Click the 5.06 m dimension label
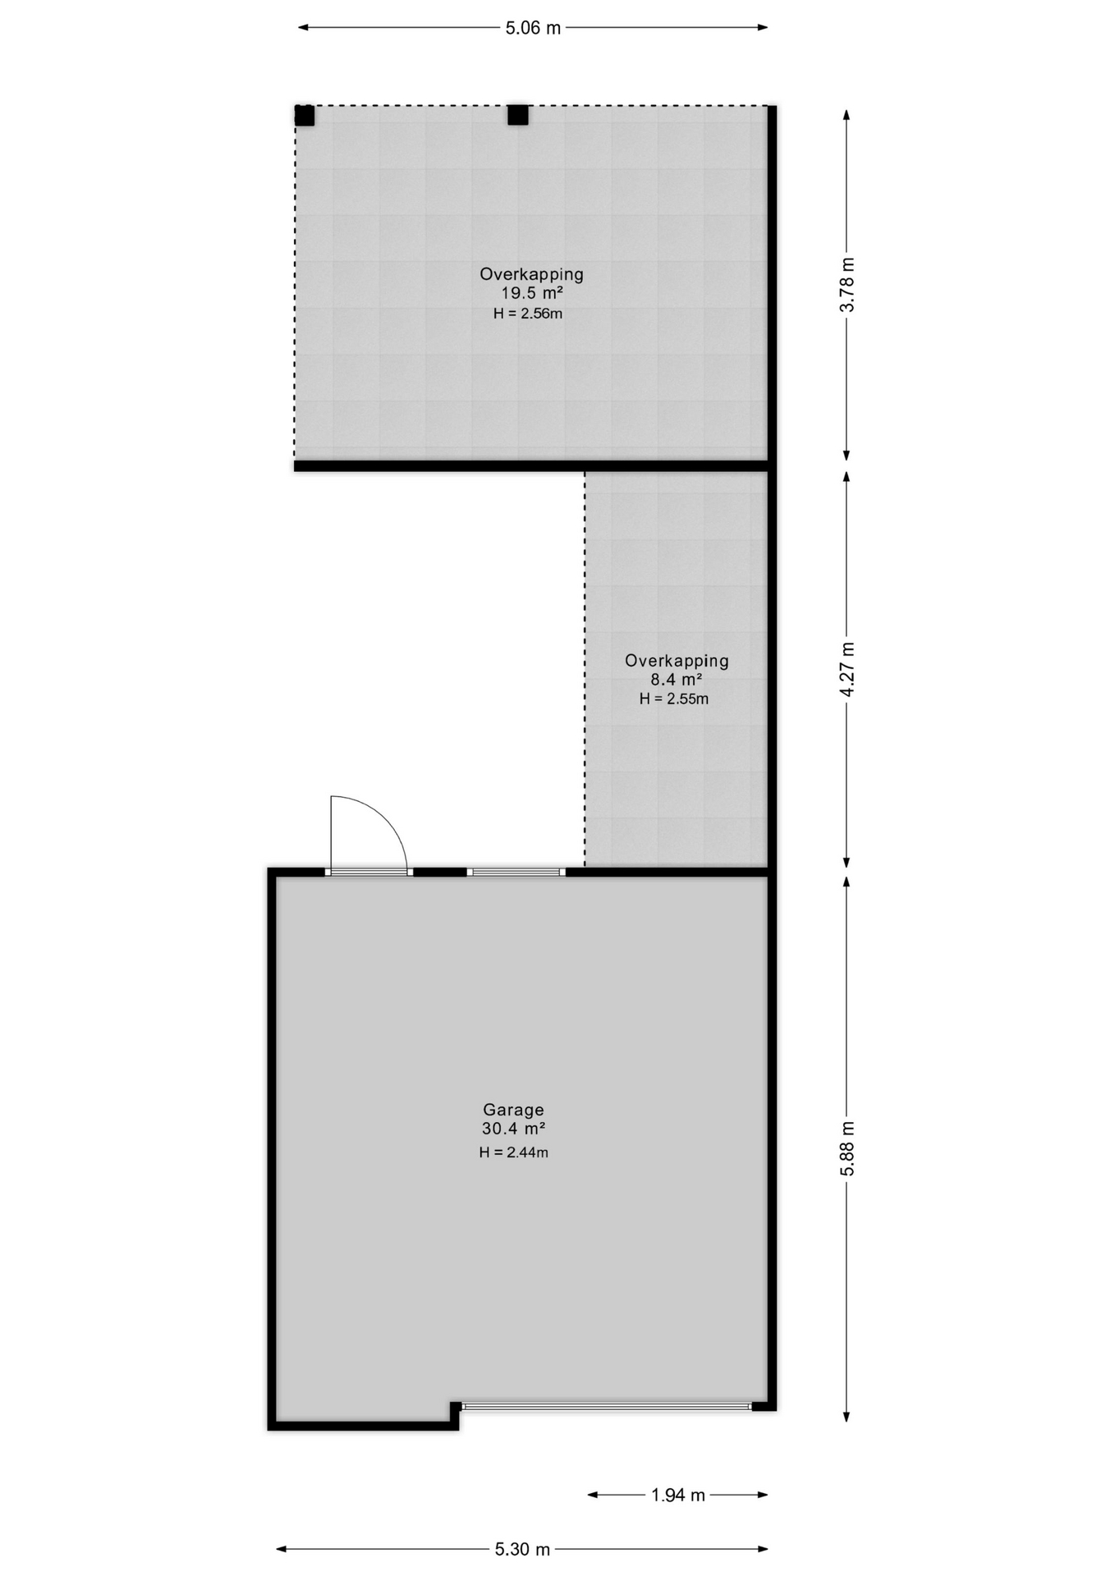coord(533,28)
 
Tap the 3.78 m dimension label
coord(847,284)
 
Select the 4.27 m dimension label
coord(847,670)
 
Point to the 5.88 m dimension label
coord(847,1148)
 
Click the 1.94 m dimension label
coord(678,1495)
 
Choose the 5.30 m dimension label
coord(522,1549)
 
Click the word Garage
coord(513,1111)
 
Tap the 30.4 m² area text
coord(513,1129)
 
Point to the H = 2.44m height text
coord(513,1152)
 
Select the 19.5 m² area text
coord(532,293)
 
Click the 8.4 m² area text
coord(676,680)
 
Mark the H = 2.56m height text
coord(528,314)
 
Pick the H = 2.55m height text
coord(674,699)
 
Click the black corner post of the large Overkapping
coord(305,116)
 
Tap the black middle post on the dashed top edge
coord(517,116)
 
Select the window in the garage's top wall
coord(516,872)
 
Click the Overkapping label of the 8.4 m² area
coord(677,660)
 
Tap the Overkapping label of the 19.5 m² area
coord(531,274)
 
